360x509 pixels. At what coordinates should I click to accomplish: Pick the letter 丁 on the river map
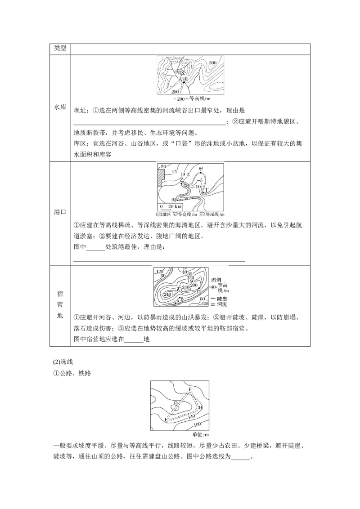[x=207, y=190]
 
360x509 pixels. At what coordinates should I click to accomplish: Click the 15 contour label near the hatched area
[x=174, y=172]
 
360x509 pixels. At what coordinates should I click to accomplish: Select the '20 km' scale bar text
[x=175, y=206]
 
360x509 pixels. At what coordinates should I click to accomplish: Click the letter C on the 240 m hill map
[x=180, y=288]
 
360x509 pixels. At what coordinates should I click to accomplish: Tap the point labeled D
[x=198, y=292]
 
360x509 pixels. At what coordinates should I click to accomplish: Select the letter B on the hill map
[x=181, y=299]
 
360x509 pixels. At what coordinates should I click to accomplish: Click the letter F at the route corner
[x=190, y=388]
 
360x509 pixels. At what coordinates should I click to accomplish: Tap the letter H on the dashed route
[x=200, y=407]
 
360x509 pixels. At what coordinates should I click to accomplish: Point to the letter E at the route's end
[x=166, y=420]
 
